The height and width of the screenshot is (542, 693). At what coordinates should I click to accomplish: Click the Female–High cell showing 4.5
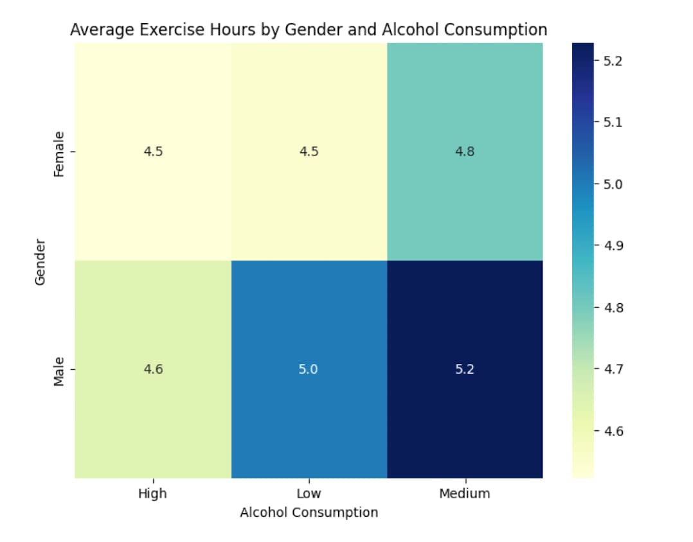[x=153, y=152]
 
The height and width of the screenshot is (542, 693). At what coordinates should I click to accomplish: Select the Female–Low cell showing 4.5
[x=309, y=152]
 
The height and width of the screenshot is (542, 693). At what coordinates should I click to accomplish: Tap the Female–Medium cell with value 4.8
[x=465, y=152]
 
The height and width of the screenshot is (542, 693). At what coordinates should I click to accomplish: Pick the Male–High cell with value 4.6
[x=153, y=369]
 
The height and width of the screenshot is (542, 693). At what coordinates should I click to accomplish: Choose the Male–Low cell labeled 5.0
[x=309, y=369]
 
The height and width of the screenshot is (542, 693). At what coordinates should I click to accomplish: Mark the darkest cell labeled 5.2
[x=465, y=369]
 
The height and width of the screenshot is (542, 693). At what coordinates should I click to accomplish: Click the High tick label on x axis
[x=152, y=493]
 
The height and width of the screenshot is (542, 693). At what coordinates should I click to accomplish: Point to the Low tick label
[x=309, y=493]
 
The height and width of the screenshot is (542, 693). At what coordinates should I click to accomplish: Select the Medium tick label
[x=465, y=493]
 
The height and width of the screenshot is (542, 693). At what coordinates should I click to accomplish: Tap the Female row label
[x=59, y=154]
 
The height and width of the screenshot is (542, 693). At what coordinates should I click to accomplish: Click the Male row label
[x=59, y=372]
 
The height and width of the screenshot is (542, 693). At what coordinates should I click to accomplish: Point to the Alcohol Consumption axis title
[x=309, y=512]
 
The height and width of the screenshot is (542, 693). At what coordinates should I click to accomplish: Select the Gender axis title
[x=40, y=262]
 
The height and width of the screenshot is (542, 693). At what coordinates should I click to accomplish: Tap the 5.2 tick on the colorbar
[x=613, y=61]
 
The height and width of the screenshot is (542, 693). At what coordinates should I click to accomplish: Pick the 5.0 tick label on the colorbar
[x=613, y=184]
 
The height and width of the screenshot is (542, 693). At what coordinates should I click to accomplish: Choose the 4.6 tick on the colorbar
[x=613, y=431]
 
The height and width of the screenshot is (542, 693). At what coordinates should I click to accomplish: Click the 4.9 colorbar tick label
[x=613, y=245]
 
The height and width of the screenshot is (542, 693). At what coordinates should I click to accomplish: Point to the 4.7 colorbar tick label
[x=613, y=369]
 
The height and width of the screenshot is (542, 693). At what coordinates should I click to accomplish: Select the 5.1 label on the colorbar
[x=613, y=122]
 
